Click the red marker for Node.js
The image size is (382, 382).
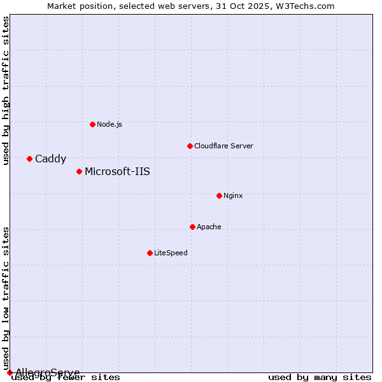[92, 124]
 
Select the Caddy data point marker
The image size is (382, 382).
[29, 159]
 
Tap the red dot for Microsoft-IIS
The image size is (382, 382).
[79, 171]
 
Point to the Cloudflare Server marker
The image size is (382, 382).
[190, 146]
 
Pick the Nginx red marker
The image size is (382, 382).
[219, 195]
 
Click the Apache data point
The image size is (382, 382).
[192, 227]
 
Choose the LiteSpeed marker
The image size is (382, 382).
[150, 253]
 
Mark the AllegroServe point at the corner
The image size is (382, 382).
[10, 372]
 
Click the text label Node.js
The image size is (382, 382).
[110, 124]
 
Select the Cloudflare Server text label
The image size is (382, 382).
[223, 146]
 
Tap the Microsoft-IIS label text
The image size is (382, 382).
[117, 171]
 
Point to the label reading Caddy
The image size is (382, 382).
[50, 159]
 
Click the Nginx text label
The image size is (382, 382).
[233, 195]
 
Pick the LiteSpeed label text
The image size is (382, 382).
[171, 253]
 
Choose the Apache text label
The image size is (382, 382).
[209, 227]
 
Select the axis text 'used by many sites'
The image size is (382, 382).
[320, 377]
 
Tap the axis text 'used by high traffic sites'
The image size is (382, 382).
[6, 90]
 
